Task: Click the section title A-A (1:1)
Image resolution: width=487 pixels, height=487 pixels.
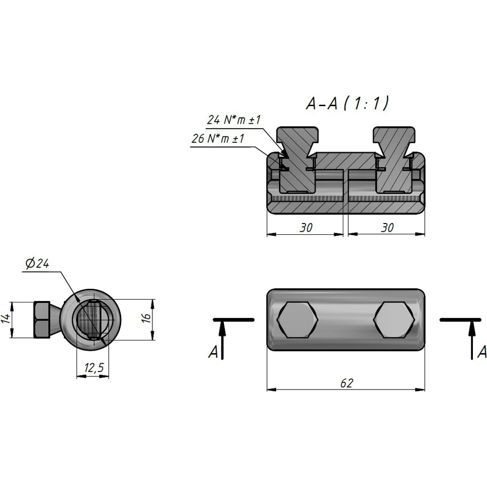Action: tap(347, 103)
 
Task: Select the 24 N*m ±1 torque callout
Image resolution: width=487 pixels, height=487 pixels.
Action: tap(234, 120)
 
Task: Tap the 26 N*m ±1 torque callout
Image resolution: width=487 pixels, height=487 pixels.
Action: tap(218, 138)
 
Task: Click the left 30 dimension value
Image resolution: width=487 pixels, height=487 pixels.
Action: tap(306, 227)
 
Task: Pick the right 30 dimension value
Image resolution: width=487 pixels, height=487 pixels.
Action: tap(387, 227)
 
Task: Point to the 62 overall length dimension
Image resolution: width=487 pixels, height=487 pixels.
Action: tap(347, 383)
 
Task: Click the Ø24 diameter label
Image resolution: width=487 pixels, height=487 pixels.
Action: tap(37, 263)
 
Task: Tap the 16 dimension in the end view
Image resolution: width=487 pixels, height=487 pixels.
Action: tap(147, 317)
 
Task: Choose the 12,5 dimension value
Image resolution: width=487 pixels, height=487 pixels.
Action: tap(94, 368)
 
